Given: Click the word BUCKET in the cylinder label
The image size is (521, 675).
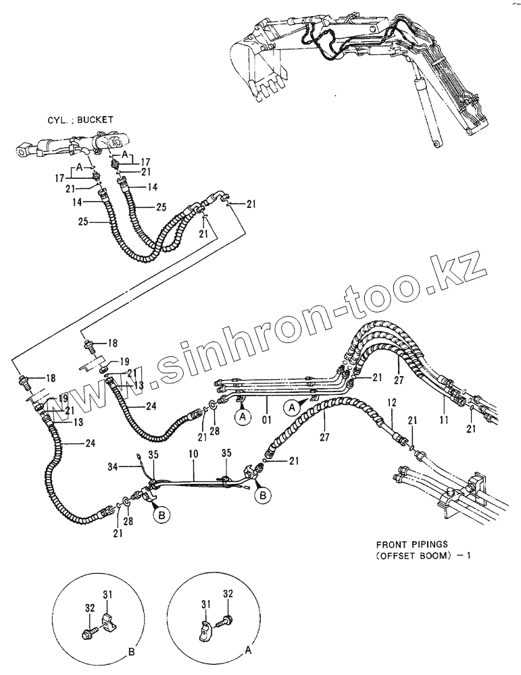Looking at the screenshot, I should click(95, 119).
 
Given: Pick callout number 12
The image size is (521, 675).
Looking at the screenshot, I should click(391, 403).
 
